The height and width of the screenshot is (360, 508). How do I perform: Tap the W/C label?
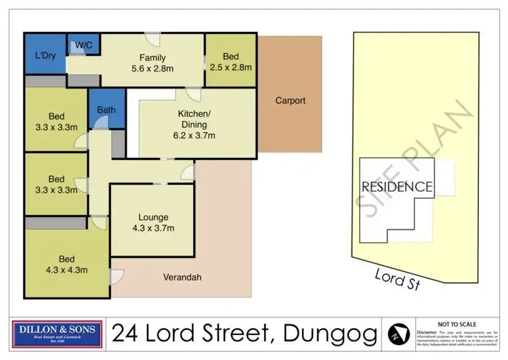(84, 45)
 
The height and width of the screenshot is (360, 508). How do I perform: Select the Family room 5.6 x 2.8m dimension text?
(152, 68)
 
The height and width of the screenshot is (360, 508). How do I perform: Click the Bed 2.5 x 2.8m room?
(230, 62)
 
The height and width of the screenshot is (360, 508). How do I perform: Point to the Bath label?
(106, 108)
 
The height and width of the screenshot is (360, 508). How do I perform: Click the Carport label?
(290, 101)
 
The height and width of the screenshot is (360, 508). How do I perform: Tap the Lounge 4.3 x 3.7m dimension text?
(154, 228)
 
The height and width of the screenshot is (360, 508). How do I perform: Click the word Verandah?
(182, 277)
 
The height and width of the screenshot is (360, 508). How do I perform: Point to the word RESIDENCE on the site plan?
(396, 186)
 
